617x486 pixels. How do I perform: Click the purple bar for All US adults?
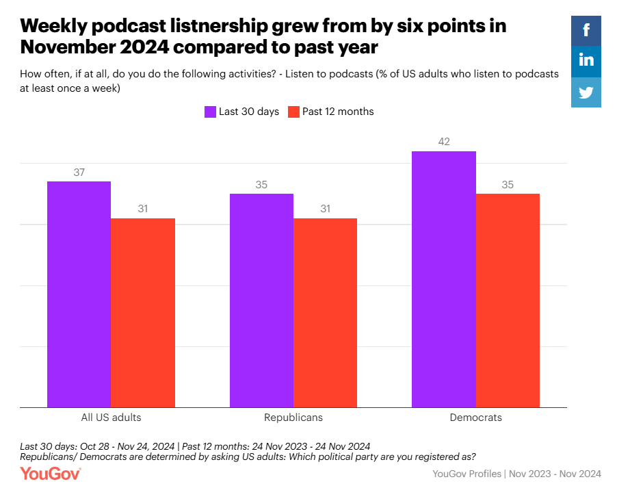[x=79, y=294]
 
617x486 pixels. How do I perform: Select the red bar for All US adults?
[x=143, y=313]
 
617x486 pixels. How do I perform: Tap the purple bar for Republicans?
[x=261, y=300]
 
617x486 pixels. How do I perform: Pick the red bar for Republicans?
[x=325, y=313]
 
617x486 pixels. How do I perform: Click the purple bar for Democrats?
[x=443, y=279]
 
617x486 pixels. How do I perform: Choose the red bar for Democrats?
[x=508, y=300]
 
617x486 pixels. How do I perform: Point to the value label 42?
[x=443, y=142]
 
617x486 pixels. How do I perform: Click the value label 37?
[x=79, y=172]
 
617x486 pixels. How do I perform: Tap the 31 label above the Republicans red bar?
[x=325, y=209]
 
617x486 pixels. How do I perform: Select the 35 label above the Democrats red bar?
[x=508, y=185]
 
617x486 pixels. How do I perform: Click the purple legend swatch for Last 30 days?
[x=210, y=112]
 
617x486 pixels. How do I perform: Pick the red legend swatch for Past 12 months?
[x=293, y=112]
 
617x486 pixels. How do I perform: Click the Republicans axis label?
[x=293, y=417]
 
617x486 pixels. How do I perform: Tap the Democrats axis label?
[x=475, y=417]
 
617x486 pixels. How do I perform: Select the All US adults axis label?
[x=111, y=417]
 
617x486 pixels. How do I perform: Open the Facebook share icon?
[x=586, y=29]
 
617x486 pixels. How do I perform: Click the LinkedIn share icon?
[x=586, y=60]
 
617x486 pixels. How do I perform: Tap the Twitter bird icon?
[x=586, y=92]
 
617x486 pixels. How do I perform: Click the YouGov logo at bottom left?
[x=51, y=473]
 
